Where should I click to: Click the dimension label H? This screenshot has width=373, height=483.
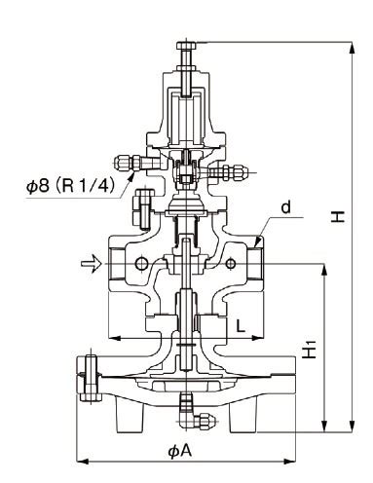click(x=338, y=216)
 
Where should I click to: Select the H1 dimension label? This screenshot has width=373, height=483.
click(x=310, y=349)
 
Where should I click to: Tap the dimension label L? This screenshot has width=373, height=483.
click(x=240, y=325)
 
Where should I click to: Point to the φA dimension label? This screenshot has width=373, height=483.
click(x=180, y=451)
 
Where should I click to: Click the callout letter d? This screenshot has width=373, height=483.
click(x=285, y=207)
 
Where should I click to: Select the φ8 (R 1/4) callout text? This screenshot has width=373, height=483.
click(x=71, y=186)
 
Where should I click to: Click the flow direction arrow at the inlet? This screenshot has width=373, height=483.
click(x=92, y=264)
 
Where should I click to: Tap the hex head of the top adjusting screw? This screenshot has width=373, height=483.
click(x=186, y=46)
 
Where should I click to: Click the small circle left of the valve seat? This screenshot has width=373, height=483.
click(x=141, y=264)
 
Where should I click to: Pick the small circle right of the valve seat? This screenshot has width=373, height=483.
click(x=231, y=264)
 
